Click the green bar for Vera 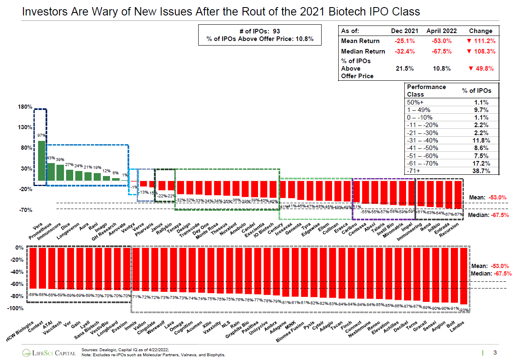[x=41, y=160]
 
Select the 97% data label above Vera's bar [x=41, y=135]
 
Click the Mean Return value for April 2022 [x=441, y=41]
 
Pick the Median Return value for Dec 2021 [x=404, y=51]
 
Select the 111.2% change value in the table [x=481, y=41]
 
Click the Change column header [x=481, y=31]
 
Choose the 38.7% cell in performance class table [x=481, y=171]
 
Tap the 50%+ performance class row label [x=414, y=102]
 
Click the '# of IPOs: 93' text [x=259, y=31]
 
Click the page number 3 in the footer [x=495, y=352]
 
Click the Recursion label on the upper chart [x=450, y=230]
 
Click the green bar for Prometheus [x=51, y=172]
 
